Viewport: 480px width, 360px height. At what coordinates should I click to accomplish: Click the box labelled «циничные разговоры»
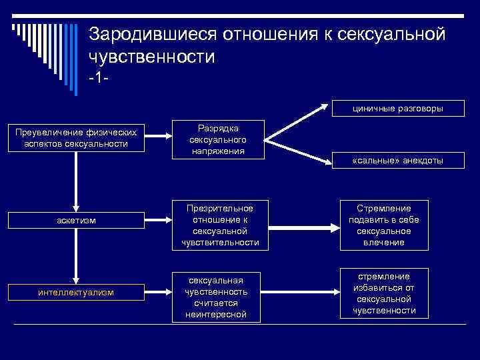[398, 107]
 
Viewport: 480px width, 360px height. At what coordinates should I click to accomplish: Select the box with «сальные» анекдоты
[398, 161]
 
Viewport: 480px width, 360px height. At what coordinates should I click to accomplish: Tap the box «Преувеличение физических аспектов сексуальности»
[77, 139]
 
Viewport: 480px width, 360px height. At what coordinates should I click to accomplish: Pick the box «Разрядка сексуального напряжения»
[218, 140]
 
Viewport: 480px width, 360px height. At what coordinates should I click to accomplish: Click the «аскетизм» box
[76, 220]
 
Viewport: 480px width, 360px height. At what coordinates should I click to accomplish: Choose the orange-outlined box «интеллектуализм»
[76, 291]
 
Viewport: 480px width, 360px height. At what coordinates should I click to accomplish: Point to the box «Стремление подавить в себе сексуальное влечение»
[384, 225]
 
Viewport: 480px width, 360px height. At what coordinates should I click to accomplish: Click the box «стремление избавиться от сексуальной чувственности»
[384, 293]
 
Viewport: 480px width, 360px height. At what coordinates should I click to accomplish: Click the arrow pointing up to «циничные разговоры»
[297, 123]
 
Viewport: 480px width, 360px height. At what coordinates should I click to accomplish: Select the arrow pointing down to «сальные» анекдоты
[297, 150]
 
